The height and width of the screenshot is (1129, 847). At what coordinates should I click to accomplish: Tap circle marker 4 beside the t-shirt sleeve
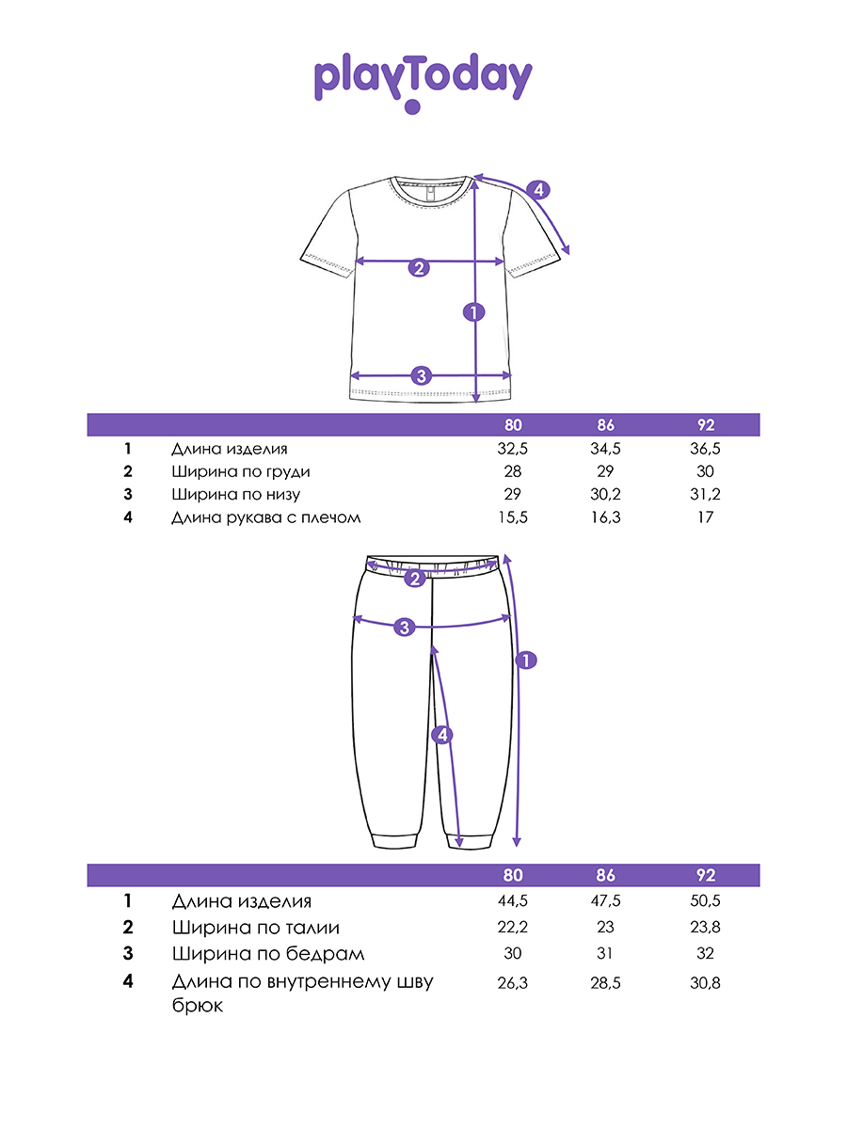[537, 190]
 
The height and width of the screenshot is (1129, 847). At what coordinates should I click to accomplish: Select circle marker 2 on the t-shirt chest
[419, 267]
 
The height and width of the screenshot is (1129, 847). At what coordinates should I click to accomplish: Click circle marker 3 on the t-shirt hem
[421, 375]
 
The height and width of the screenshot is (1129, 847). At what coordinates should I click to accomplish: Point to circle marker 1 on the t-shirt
[475, 311]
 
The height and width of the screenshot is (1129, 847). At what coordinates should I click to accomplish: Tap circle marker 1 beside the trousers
[526, 660]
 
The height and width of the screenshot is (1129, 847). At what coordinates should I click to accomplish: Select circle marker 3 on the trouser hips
[404, 626]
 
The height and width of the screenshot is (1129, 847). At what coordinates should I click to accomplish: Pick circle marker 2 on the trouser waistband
[415, 579]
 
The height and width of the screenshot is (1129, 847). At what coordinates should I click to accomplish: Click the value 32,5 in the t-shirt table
[513, 450]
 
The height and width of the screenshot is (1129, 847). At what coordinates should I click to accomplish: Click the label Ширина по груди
[241, 472]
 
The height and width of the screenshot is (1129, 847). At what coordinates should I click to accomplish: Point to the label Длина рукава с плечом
[266, 517]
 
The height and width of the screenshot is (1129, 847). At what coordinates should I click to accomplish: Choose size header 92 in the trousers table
[707, 875]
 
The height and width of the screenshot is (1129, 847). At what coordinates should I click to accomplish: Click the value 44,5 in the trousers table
[513, 901]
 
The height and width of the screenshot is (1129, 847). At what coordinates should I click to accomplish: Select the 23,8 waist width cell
[707, 928]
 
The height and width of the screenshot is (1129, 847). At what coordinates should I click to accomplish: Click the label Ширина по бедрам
[268, 954]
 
